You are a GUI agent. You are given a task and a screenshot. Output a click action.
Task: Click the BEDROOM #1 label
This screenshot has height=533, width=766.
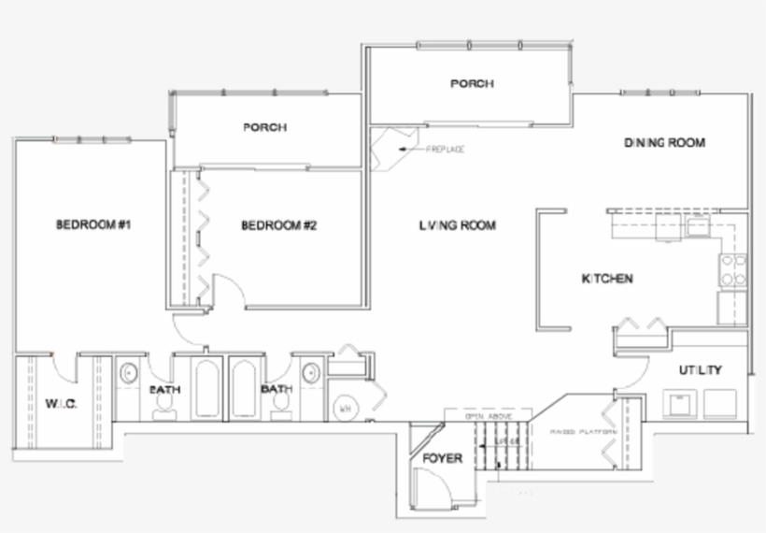tap(92, 224)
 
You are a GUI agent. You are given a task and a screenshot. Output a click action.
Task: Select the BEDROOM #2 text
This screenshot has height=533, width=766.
tap(279, 225)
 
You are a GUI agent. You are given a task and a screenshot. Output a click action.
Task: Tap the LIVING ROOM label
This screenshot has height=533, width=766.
tap(457, 225)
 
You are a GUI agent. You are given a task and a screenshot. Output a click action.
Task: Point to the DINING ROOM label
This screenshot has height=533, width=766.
tap(663, 143)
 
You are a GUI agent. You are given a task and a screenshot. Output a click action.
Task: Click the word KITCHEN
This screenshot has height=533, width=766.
tap(607, 279)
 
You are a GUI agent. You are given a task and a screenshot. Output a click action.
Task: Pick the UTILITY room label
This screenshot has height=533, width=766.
tap(700, 370)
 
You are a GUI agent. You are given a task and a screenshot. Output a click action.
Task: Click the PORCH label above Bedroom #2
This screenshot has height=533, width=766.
tap(264, 127)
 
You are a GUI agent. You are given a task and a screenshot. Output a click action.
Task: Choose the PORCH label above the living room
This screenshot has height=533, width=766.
tap(472, 83)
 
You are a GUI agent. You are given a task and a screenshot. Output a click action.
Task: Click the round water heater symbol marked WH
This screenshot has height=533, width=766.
tap(344, 408)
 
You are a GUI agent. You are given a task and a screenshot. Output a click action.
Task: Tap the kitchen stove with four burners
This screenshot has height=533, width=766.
tap(731, 271)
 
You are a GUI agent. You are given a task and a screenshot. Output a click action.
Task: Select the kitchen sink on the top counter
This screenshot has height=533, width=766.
tap(695, 226)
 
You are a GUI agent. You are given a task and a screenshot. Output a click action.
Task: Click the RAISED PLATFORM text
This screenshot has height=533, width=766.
tap(583, 432)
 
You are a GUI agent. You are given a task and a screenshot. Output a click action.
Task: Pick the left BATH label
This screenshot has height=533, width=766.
tap(166, 389)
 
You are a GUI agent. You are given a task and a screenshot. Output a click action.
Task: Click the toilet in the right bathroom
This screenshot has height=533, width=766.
tap(278, 404)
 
